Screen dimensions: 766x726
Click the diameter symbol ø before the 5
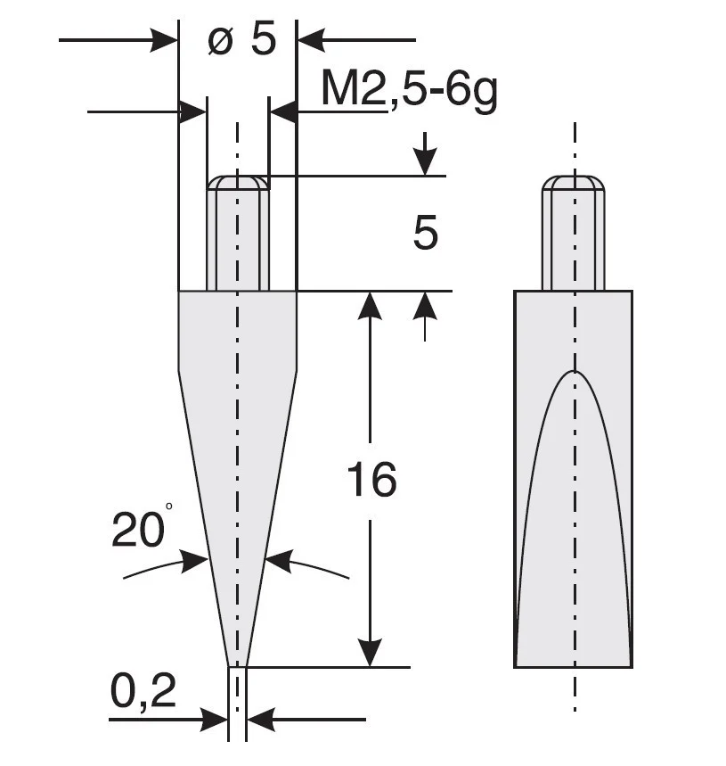220,41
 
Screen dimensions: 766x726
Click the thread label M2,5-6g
408,92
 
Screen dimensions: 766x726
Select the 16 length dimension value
371,481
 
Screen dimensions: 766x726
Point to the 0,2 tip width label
142,690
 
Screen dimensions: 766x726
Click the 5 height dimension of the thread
426,234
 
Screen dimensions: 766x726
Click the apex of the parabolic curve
575,373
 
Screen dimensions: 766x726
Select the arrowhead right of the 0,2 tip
259,719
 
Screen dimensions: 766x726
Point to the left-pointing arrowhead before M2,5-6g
282,111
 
